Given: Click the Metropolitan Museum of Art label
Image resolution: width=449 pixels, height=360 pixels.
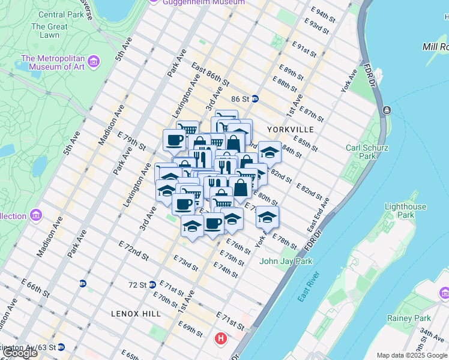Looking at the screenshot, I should [52, 62].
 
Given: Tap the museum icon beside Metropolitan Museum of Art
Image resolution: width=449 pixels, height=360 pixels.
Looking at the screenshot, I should [94, 62].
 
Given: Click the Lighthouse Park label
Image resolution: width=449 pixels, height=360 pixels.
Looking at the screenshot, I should [405, 211].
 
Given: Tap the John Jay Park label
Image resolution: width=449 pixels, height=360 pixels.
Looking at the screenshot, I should [286, 261].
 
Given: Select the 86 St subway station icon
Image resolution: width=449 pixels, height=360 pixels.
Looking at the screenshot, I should [255, 99].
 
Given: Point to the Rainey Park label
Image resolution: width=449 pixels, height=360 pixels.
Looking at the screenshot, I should [418, 318].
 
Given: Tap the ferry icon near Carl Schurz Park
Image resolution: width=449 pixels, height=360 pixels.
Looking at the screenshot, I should [387, 110].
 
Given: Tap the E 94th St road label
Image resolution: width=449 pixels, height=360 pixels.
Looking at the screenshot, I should [327, 12].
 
